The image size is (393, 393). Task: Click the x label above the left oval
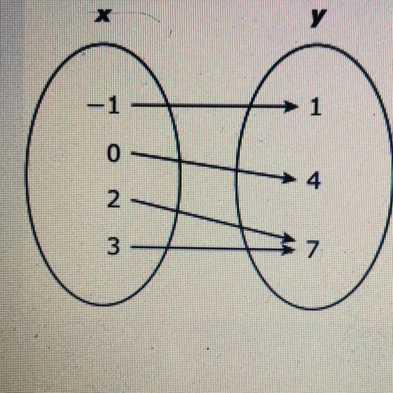pyautogui.click(x=105, y=16)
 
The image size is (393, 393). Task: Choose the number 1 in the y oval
pyautogui.click(x=314, y=108)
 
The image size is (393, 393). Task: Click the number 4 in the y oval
pyautogui.click(x=313, y=181)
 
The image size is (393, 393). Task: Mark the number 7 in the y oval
pyautogui.click(x=312, y=250)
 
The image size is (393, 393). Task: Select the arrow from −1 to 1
pyautogui.click(x=210, y=107)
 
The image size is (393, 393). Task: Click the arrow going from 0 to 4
pyautogui.click(x=210, y=167)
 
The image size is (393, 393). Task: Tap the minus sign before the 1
pyautogui.click(x=95, y=107)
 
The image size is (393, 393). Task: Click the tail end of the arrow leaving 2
pyautogui.click(x=132, y=200)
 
